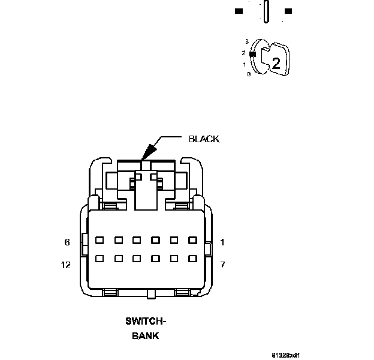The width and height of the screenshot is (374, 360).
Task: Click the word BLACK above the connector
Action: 204,139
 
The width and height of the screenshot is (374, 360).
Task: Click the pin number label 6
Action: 67,242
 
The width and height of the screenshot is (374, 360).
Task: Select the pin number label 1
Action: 222,242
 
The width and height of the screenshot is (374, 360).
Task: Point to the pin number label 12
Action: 66,265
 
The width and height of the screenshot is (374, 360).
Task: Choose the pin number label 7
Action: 222,265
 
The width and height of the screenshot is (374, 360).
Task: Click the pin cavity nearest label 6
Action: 100,240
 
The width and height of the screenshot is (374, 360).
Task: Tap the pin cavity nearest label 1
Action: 192,240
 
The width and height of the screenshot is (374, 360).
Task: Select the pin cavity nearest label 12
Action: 100,259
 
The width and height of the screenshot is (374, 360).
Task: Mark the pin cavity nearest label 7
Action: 192,259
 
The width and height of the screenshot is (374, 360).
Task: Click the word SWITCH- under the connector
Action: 146,321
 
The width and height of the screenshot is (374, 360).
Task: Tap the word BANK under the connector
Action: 146,335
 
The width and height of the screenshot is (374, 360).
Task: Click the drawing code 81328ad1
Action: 285,355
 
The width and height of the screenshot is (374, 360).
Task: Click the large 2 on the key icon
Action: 276,64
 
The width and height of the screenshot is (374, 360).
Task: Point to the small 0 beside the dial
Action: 248,74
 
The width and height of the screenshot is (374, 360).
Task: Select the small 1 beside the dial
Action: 245,64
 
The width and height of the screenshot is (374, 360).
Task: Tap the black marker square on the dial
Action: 252,54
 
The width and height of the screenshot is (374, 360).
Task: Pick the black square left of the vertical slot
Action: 239,11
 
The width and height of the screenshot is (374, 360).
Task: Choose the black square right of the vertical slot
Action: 288,11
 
